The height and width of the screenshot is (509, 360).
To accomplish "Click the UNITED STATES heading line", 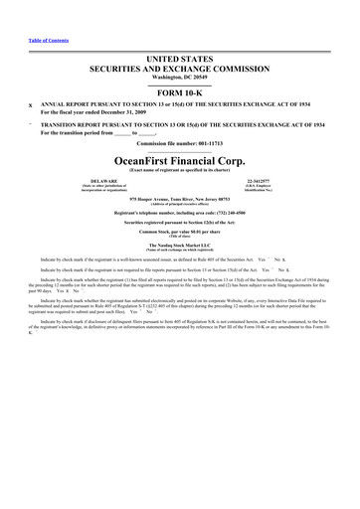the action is click(x=179, y=62).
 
